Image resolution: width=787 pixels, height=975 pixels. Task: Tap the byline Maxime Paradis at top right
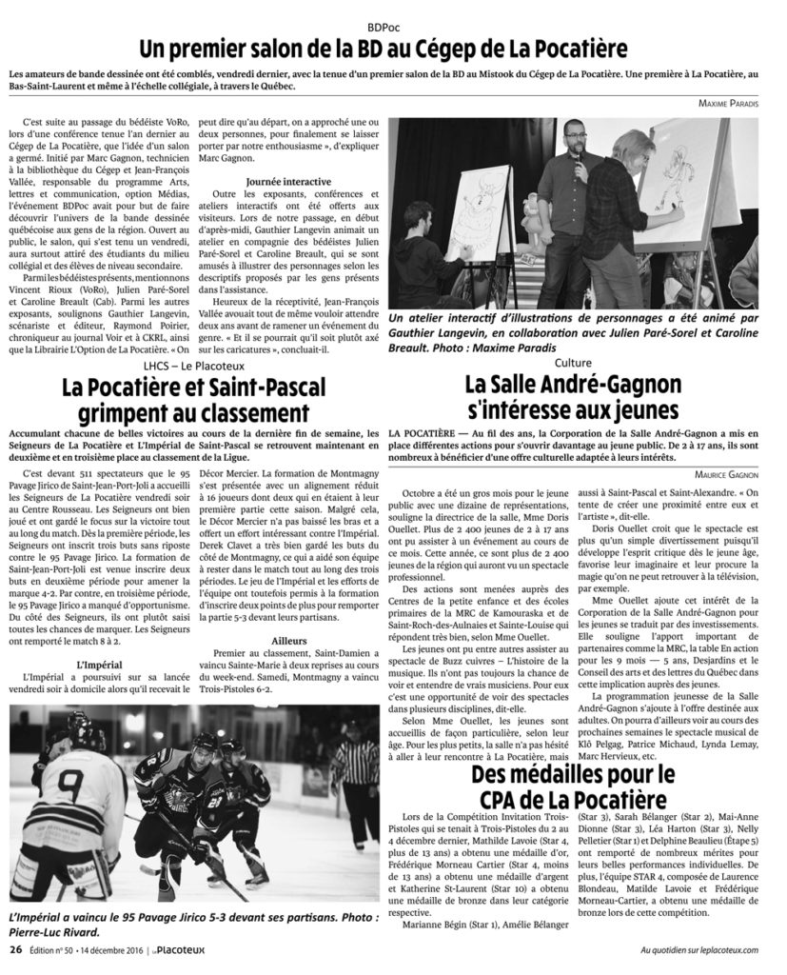pos(727,103)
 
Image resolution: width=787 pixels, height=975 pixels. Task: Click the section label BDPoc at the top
pos(393,24)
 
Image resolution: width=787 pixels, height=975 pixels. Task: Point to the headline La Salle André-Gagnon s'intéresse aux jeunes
pos(585,397)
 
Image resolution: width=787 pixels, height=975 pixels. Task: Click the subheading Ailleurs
pos(287,642)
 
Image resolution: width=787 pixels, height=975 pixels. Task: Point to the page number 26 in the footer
pos(16,948)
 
